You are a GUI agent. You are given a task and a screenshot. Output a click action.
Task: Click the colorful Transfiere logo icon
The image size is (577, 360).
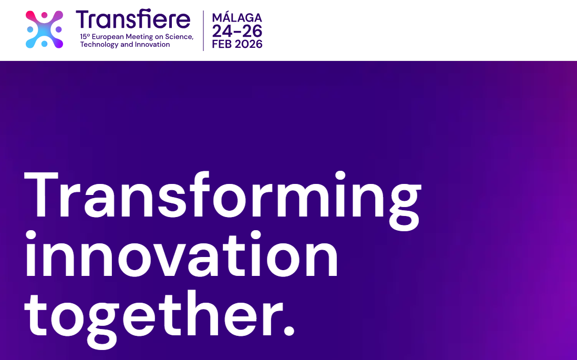tap(44, 29)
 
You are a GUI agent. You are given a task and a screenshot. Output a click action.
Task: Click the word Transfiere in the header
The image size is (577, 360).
tap(133, 19)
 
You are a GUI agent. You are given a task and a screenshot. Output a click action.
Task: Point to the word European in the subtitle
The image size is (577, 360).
tap(108, 37)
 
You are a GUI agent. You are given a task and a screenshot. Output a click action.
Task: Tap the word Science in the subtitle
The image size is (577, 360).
tap(179, 36)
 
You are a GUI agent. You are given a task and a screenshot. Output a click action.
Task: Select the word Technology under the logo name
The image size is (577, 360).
tap(99, 45)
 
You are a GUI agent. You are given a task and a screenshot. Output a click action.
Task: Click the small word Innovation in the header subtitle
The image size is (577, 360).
tap(152, 44)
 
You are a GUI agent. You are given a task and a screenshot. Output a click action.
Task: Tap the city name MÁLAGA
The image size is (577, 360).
tap(237, 17)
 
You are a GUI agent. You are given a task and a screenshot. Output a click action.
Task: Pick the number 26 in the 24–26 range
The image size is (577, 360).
tap(252, 32)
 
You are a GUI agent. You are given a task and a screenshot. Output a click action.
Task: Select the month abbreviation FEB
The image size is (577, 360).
tap(222, 44)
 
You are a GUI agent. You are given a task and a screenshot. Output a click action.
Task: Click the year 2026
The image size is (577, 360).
tap(249, 44)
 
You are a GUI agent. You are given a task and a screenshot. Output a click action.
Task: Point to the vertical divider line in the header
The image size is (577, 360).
tap(203, 30)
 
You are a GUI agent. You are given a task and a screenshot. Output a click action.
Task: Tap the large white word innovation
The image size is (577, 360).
tap(181, 254)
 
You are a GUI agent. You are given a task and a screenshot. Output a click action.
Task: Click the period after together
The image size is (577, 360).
tap(289, 330)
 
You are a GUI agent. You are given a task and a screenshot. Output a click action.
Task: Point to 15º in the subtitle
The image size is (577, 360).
tap(85, 36)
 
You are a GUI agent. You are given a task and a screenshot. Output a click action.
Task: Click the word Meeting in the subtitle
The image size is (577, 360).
tap(139, 37)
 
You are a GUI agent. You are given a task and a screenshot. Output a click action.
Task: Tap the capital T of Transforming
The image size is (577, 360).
tap(41, 194)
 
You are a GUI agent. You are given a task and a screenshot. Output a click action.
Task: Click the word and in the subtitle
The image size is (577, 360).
tap(127, 44)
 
